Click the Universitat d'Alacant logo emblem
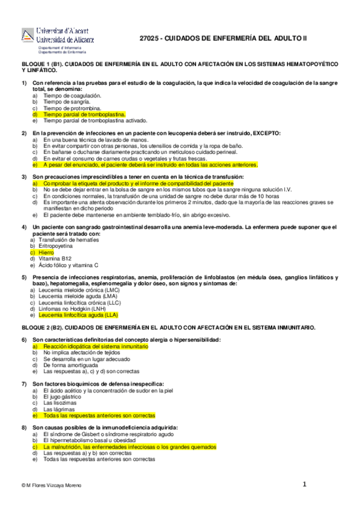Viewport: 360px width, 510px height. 29,35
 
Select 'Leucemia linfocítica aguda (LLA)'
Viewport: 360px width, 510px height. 78,315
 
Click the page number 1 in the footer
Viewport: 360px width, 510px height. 304,484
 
